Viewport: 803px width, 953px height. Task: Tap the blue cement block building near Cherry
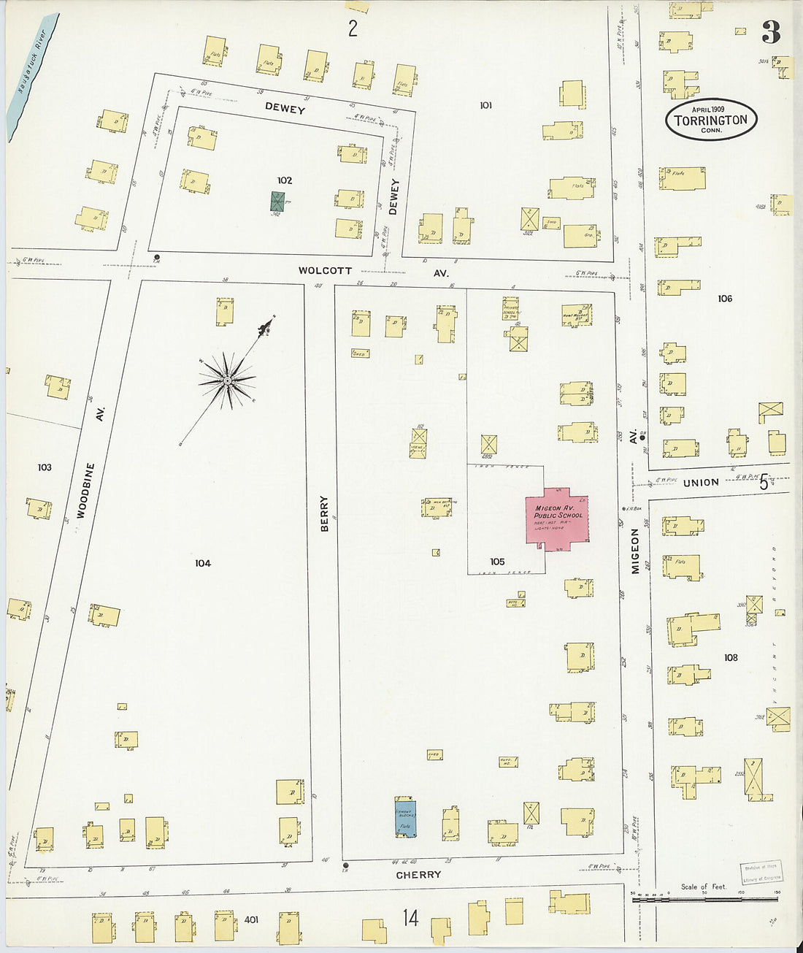pyautogui.click(x=405, y=816)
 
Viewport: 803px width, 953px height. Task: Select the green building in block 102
pyautogui.click(x=277, y=202)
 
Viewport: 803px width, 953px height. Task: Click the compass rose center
pyautogui.click(x=228, y=380)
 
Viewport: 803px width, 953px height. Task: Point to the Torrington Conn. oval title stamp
pyautogui.click(x=711, y=120)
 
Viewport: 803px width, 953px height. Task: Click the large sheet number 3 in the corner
pyautogui.click(x=771, y=33)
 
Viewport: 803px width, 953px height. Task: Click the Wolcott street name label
pyautogui.click(x=325, y=270)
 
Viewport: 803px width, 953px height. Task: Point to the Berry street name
pyautogui.click(x=325, y=513)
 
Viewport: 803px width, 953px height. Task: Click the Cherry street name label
pyautogui.click(x=418, y=875)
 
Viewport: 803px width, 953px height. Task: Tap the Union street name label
pyautogui.click(x=701, y=483)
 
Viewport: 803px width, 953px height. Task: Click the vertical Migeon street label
pyautogui.click(x=635, y=551)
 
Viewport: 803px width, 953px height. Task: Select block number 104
pyautogui.click(x=203, y=563)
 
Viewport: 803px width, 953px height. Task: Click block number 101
pyautogui.click(x=485, y=105)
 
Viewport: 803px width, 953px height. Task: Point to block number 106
pyautogui.click(x=724, y=298)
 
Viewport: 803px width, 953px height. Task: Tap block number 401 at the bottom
pyautogui.click(x=251, y=920)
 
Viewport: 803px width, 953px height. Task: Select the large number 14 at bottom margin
pyautogui.click(x=411, y=917)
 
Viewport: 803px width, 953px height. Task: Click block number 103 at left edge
pyautogui.click(x=45, y=467)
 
